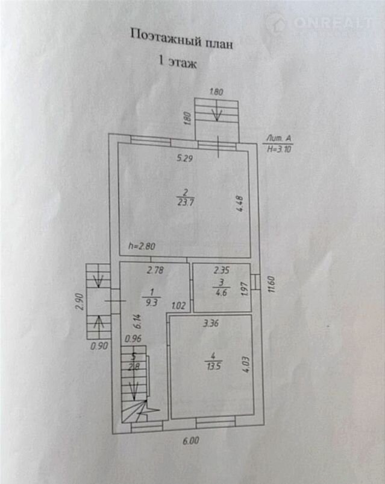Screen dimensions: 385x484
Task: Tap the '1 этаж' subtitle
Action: pyautogui.click(x=178, y=62)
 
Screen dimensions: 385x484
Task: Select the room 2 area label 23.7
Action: pyautogui.click(x=186, y=203)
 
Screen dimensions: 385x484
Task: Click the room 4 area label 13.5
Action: pyautogui.click(x=214, y=366)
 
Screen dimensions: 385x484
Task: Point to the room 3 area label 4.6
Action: pyautogui.click(x=221, y=293)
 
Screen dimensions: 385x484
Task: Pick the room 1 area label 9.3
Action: pyautogui.click(x=151, y=302)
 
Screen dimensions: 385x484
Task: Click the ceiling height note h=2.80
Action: pyautogui.click(x=142, y=246)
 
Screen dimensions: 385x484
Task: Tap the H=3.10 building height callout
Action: pyautogui.click(x=279, y=150)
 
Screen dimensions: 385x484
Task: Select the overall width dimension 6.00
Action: pyautogui.click(x=191, y=441)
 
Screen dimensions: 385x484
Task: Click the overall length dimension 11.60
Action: pyautogui.click(x=271, y=285)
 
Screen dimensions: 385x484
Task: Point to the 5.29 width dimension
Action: pyautogui.click(x=184, y=159)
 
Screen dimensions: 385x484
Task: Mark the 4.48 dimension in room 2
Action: pyautogui.click(x=240, y=204)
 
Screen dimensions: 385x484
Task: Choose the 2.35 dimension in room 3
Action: pyautogui.click(x=222, y=270)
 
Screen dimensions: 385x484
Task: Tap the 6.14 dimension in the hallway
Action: pyautogui.click(x=138, y=321)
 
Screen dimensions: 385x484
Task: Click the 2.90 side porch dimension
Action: pyautogui.click(x=80, y=302)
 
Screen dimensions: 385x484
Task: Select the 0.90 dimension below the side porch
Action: pyautogui.click(x=99, y=346)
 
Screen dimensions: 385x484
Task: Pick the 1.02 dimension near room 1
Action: pyautogui.click(x=178, y=305)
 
